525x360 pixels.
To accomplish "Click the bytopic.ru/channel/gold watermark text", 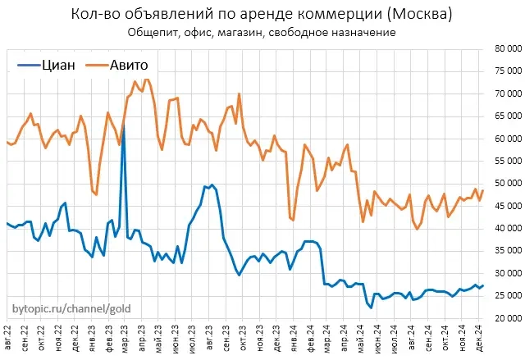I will pos(71,310).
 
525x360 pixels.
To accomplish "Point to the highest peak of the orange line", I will pos(145,79).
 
